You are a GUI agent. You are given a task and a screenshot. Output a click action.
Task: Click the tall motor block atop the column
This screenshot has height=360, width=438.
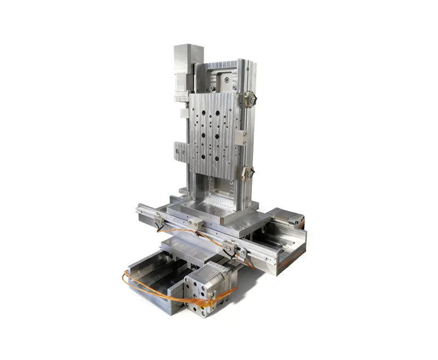187,66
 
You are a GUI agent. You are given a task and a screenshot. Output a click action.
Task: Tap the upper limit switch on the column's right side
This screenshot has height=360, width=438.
250,98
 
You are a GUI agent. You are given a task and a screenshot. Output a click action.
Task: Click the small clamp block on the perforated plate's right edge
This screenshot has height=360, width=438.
241,137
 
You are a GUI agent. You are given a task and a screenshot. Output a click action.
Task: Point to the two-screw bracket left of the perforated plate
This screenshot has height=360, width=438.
181,150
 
